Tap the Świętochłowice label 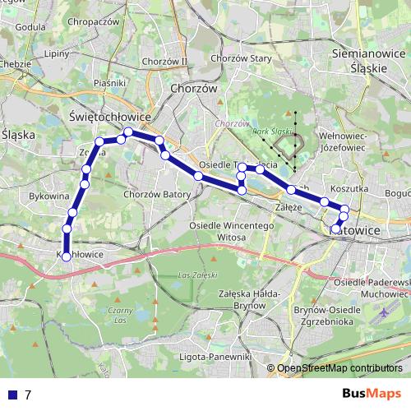click(111, 118)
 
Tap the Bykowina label click(48, 197)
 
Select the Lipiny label click(58, 53)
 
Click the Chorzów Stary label click(242, 59)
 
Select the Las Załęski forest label click(198, 275)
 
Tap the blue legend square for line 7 click(12, 395)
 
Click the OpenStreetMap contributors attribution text click(339, 367)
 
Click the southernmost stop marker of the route click(67, 257)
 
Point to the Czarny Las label click(120, 316)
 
